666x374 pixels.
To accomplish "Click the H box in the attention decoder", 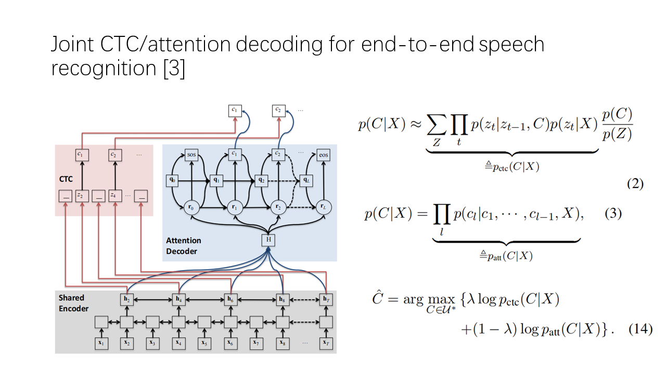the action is coord(268,240).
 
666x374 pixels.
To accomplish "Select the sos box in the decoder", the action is coord(191,155).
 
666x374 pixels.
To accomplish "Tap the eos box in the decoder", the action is coord(324,155).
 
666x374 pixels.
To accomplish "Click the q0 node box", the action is coord(172,180).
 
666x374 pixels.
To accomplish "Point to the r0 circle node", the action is coord(191,207).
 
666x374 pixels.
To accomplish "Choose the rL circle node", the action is coord(324,207).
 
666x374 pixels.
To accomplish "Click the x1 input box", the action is coord(101,343).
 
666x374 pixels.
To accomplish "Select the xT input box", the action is coord(326,343).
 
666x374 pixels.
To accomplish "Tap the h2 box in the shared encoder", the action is coord(127,300).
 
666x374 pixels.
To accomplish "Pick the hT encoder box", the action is coord(326,300).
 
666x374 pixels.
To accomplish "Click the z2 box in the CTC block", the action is coord(82,196).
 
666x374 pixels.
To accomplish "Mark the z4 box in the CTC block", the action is coord(115,196).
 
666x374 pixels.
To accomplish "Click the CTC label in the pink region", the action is coord(66,179).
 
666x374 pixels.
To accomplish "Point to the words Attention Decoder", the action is coord(184,246).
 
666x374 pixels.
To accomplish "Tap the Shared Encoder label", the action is coord(73,303).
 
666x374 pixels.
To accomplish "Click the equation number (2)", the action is coord(635,184).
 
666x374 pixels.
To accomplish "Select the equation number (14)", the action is coord(641,329).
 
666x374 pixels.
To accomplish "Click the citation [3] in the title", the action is coord(174,68).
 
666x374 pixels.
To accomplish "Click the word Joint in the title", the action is coord(72,44).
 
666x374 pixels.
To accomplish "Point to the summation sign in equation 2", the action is coord(437,125).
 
